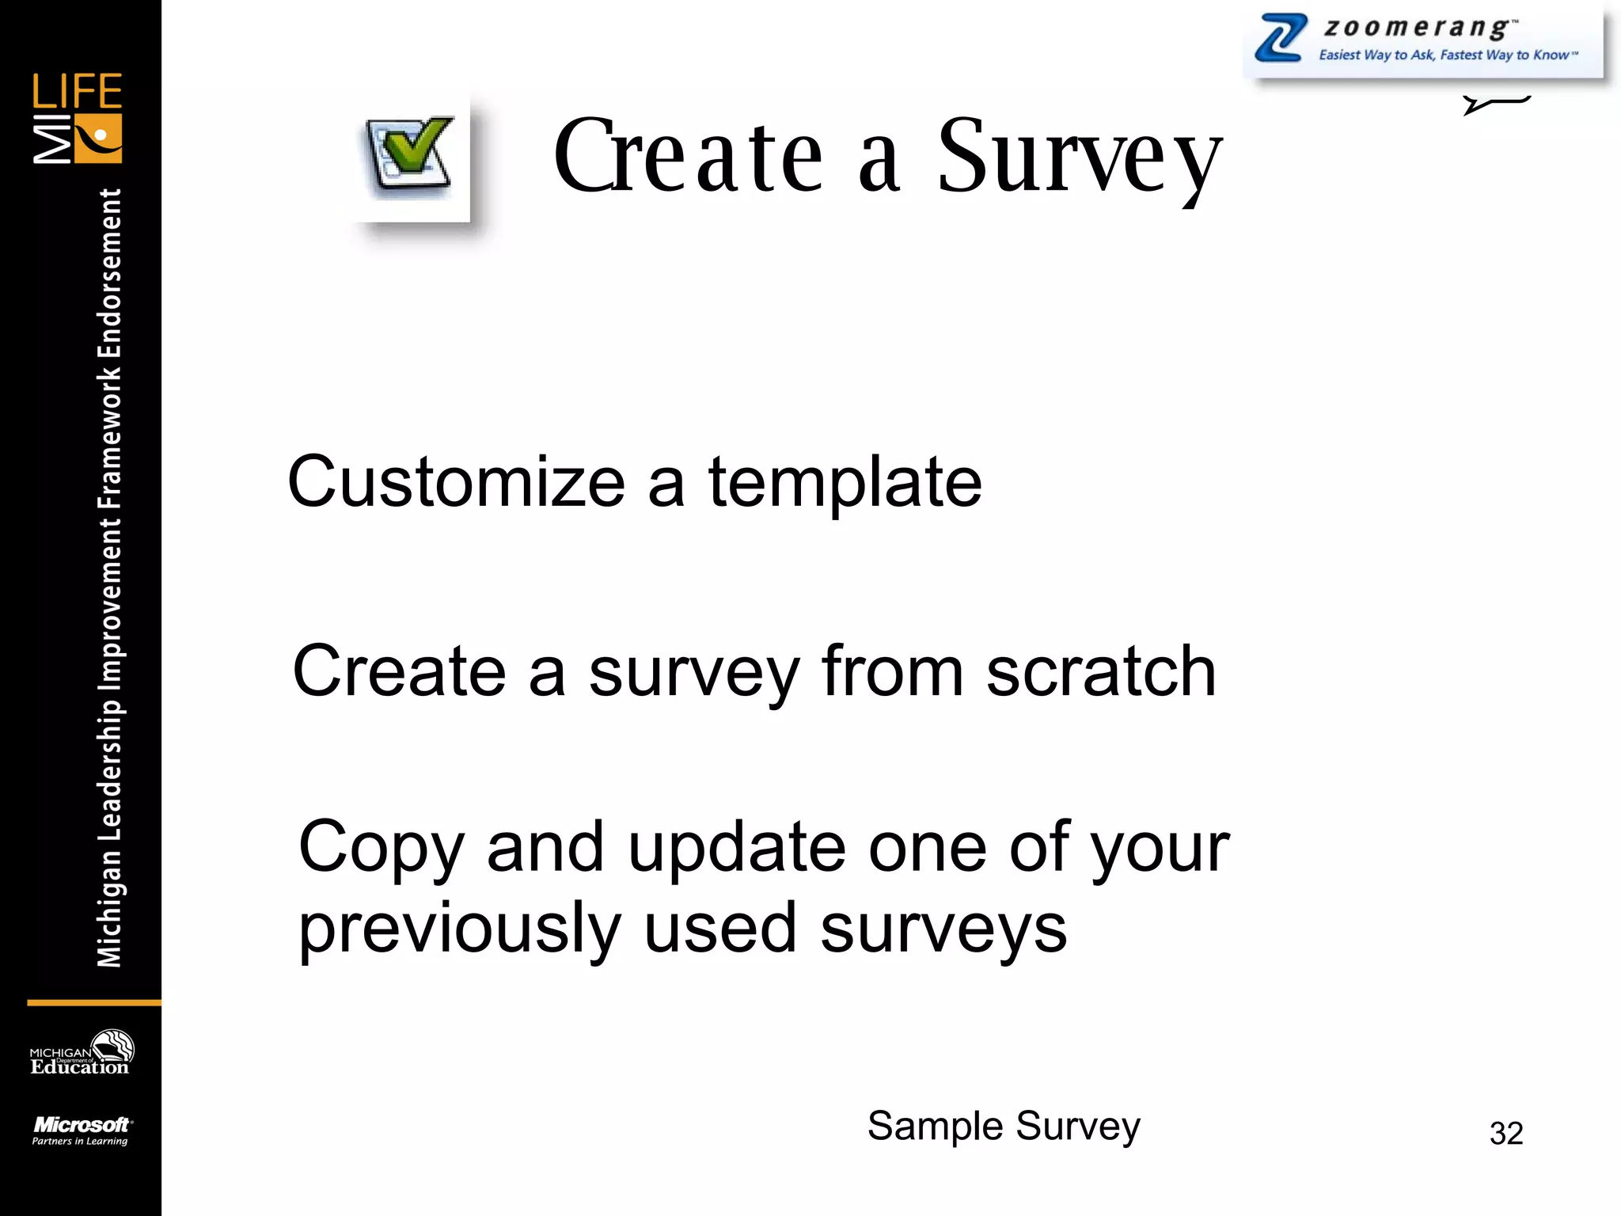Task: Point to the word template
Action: [x=845, y=482]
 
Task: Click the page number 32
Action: [x=1505, y=1133]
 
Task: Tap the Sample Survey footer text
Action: [x=1003, y=1126]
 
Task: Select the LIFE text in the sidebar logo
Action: [x=77, y=91]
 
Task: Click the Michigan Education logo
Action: [x=81, y=1053]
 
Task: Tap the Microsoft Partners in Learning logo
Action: [x=81, y=1130]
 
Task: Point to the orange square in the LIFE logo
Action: [x=98, y=139]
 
